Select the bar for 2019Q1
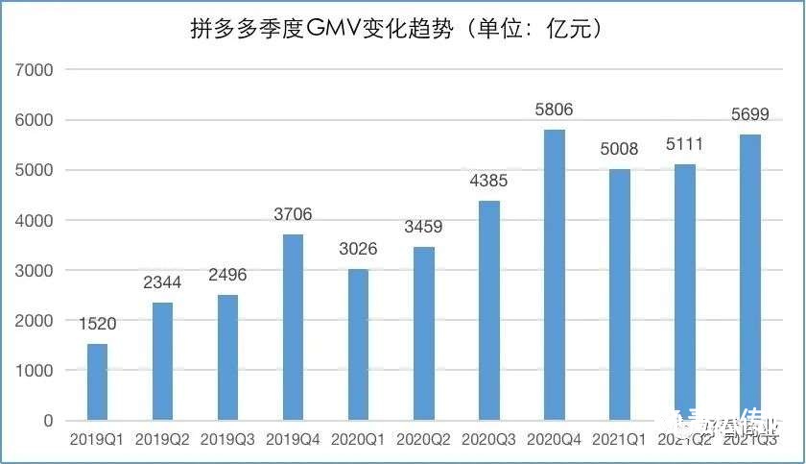point(98,381)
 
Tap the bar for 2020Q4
point(554,275)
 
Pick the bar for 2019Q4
point(293,327)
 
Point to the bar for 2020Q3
point(488,310)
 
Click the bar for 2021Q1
point(619,295)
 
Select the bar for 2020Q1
point(358,344)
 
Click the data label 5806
point(554,110)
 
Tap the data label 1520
point(98,325)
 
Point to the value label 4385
point(488,181)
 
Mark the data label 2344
point(163,283)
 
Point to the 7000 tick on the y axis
point(35,70)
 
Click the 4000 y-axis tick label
point(35,220)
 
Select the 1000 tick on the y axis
point(35,370)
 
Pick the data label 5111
point(684,145)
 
